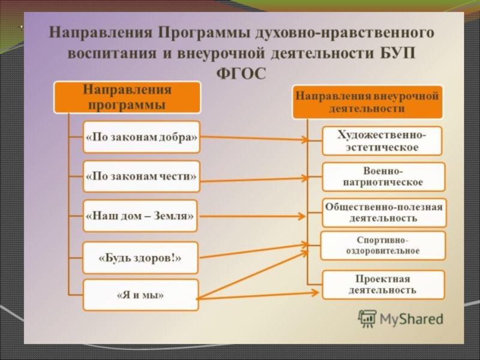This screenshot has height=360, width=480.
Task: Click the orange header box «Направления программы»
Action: [127, 97]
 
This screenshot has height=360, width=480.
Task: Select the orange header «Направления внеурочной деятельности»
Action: [368, 102]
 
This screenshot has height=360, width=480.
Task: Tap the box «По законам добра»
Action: [141, 137]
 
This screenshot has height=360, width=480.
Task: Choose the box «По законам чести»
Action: [141, 176]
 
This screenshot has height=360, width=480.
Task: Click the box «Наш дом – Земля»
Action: [140, 216]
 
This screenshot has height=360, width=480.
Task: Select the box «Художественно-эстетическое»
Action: [382, 141]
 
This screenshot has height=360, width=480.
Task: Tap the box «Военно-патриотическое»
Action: [383, 176]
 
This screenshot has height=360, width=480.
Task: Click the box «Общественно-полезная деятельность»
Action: [384, 213]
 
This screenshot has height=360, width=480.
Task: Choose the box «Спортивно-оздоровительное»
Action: [383, 245]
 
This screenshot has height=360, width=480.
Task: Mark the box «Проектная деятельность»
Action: [383, 285]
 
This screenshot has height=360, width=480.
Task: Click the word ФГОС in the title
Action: [239, 73]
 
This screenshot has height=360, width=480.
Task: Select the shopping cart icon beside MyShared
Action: [367, 319]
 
